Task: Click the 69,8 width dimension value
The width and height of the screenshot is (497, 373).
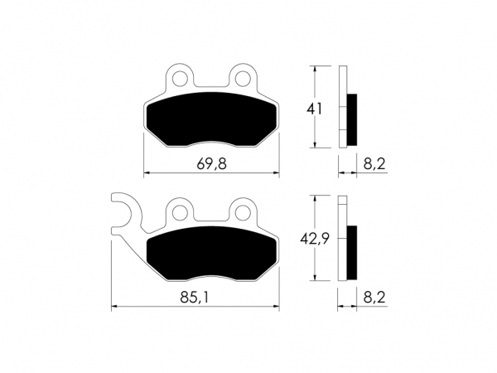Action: pyautogui.click(x=211, y=164)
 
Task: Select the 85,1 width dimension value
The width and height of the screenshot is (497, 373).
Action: pyautogui.click(x=195, y=298)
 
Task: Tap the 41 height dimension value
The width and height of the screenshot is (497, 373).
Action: pyautogui.click(x=314, y=109)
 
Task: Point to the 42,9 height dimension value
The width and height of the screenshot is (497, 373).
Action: pyautogui.click(x=315, y=239)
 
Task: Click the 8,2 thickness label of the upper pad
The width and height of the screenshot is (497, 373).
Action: pyautogui.click(x=374, y=164)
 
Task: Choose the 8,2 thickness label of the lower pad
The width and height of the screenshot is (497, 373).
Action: pyautogui.click(x=374, y=298)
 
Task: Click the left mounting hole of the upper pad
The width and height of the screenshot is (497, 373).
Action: pyautogui.click(x=180, y=78)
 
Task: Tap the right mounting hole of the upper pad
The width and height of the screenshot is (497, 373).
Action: pyautogui.click(x=243, y=78)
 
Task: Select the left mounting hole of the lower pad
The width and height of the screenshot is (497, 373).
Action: pyautogui.click(x=180, y=211)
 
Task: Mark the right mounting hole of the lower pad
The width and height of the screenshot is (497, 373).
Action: pyautogui.click(x=243, y=211)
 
